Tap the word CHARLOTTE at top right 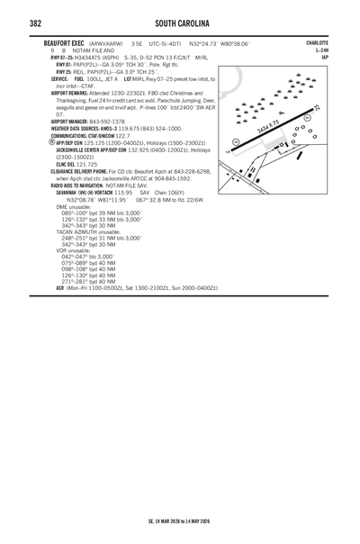pos(317,42)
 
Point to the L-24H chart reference pos(321,50)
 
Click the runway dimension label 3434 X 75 pos(268,126)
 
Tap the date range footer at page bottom pos(179,521)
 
